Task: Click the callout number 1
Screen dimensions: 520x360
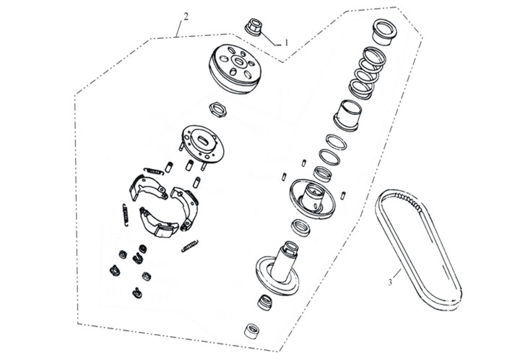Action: (x=287, y=43)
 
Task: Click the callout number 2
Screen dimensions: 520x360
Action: (x=186, y=17)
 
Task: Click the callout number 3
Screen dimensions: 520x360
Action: (x=390, y=283)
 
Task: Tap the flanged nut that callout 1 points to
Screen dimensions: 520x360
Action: (x=254, y=27)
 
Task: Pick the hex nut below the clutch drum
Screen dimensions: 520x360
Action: (x=218, y=109)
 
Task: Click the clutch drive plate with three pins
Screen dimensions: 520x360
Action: (x=203, y=145)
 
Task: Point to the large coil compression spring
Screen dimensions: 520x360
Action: (x=367, y=73)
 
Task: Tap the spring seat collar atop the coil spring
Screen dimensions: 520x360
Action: (x=385, y=32)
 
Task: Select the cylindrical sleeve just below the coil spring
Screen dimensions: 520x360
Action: (x=347, y=116)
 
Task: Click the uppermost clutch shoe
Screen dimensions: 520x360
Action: (x=147, y=188)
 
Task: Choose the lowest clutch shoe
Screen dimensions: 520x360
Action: (x=158, y=223)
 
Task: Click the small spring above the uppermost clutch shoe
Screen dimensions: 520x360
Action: (x=154, y=171)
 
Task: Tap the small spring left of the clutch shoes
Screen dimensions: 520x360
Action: (x=126, y=215)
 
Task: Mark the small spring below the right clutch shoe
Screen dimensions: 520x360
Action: (x=190, y=246)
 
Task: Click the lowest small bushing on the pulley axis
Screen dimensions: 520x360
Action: (x=252, y=331)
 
